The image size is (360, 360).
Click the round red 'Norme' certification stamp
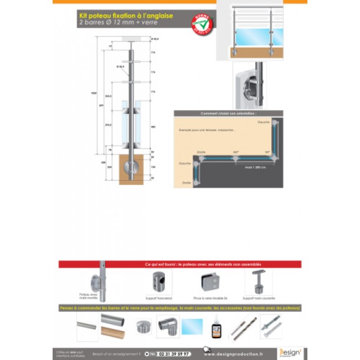pyautogui.click(x=203, y=24)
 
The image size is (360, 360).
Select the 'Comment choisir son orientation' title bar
pyautogui.click(x=228, y=113)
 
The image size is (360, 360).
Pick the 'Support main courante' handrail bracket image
pyautogui.click(x=259, y=281)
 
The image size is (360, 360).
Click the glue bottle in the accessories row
pyautogui.click(x=216, y=328)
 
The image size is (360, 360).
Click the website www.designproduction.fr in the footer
pyautogui.click(x=240, y=354)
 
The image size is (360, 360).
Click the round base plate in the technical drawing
pyautogui.click(x=132, y=166)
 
